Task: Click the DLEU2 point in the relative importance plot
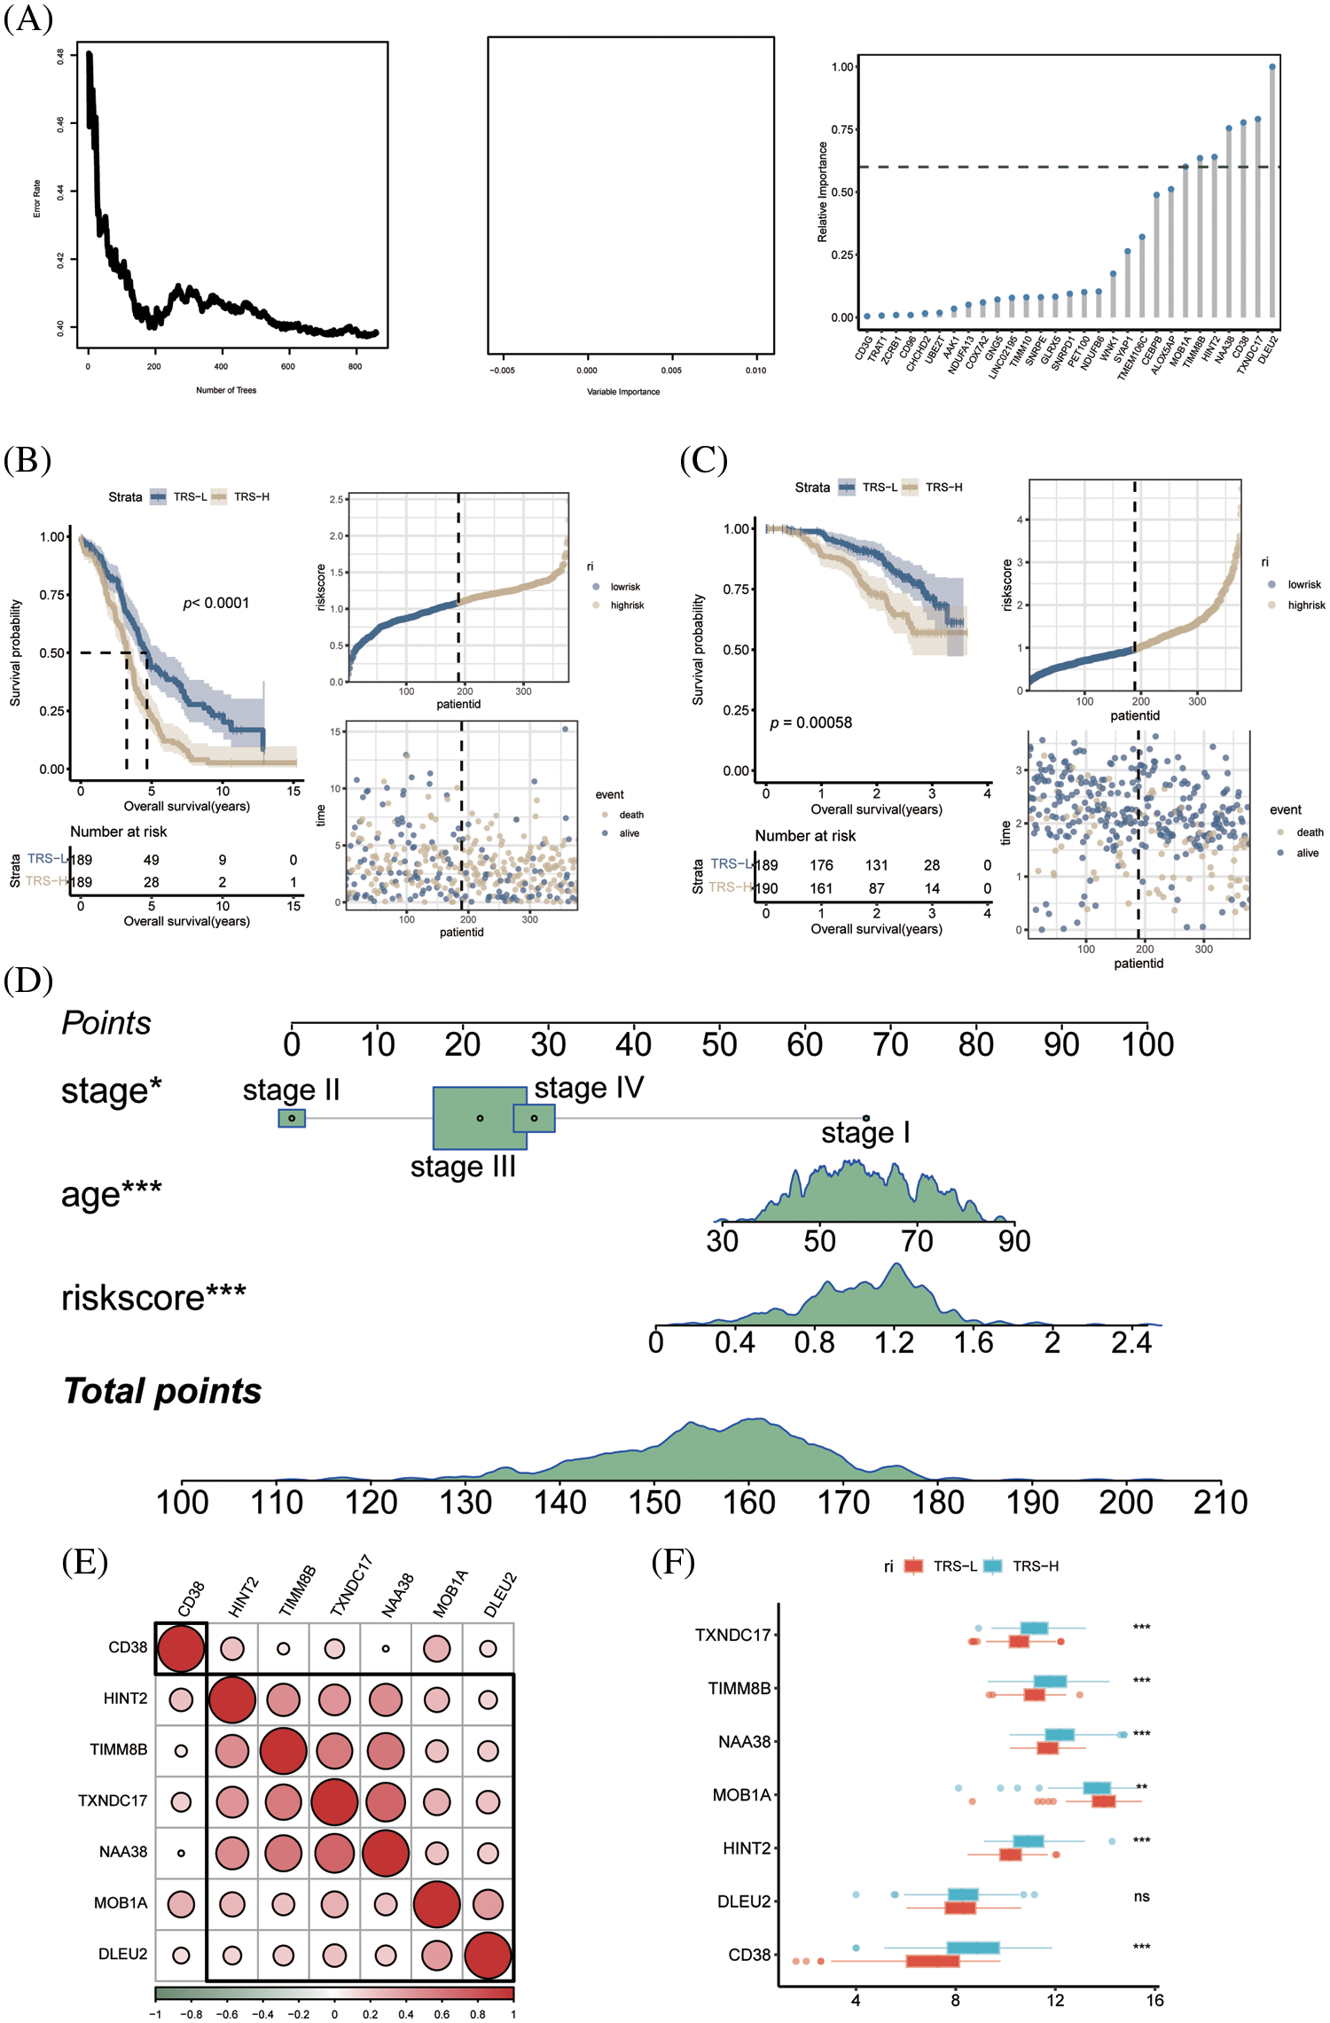click(1272, 66)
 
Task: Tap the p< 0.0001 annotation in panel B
click(216, 603)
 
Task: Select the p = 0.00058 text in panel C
click(810, 722)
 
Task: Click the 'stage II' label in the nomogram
click(291, 1090)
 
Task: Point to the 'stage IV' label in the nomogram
click(589, 1087)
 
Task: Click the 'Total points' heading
click(162, 1391)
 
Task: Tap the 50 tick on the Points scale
click(719, 1044)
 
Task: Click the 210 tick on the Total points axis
click(1220, 1502)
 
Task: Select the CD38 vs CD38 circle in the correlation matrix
click(181, 1648)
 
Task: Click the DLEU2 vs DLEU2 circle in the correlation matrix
click(488, 1956)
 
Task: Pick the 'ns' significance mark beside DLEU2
click(1141, 1896)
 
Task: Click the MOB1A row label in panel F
click(741, 1795)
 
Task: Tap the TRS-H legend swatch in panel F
click(992, 1566)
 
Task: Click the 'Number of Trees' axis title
click(226, 390)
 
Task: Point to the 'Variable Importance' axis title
click(623, 392)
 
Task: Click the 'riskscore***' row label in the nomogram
click(153, 1298)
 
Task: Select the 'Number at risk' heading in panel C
click(805, 836)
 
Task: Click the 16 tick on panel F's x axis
click(1154, 2000)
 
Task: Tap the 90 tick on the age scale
click(1014, 1240)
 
